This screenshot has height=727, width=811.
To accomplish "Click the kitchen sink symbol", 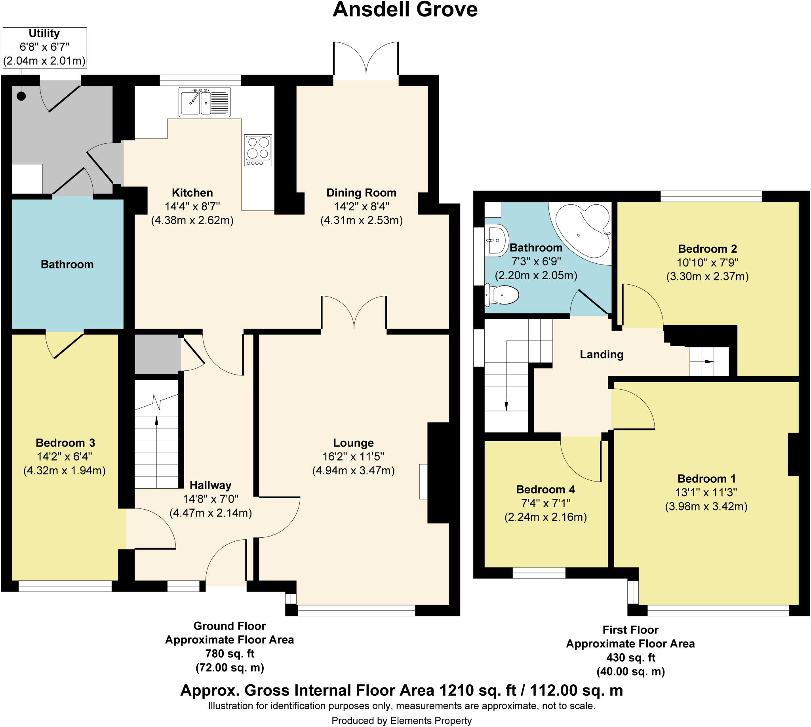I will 204,102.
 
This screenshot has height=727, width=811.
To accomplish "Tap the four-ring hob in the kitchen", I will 258,150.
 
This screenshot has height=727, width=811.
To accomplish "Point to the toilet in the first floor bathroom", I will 503,295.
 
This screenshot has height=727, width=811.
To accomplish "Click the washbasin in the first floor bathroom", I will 497,240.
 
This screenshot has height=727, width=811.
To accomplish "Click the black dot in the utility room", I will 21,96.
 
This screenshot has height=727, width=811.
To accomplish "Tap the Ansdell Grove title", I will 405,10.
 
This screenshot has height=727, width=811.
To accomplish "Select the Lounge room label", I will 353,443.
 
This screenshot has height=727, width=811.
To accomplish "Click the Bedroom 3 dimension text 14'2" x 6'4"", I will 65,457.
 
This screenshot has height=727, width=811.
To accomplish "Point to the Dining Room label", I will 361,192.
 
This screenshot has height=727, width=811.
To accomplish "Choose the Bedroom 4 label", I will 545,489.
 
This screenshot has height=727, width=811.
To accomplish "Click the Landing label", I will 601,354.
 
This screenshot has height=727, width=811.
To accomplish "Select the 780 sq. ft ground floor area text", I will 230,653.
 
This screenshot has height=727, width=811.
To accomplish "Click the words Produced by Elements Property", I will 401,721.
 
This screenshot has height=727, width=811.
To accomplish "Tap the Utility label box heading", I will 44,33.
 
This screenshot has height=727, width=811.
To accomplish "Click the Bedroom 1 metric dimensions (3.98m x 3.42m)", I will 706,506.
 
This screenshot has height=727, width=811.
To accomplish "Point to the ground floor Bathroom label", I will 67,264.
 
